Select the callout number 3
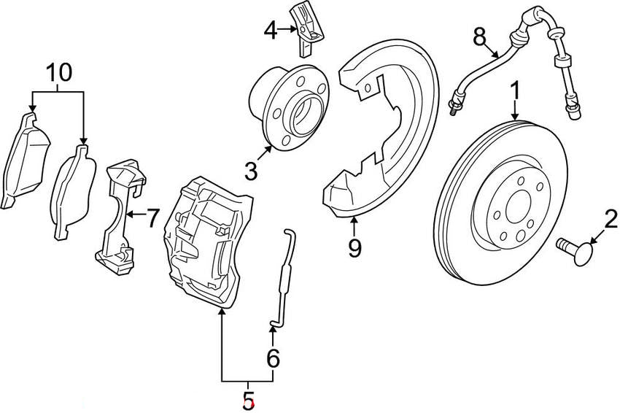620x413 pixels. coord(252,171)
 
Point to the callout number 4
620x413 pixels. coord(271,31)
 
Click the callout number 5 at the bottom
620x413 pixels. coord(249,400)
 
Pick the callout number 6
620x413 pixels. coord(273,358)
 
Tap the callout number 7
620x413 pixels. coord(152,217)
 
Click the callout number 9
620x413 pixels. coord(354,248)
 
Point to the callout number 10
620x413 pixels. coord(60,72)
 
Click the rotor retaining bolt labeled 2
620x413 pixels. coord(573,250)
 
